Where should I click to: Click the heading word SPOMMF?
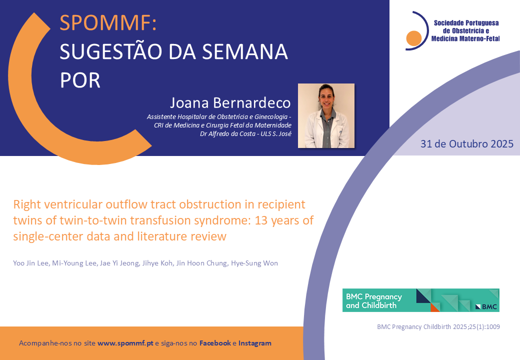(108, 23)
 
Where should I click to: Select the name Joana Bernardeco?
(230, 103)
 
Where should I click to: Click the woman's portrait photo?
(326, 115)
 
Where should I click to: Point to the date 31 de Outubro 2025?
(467, 144)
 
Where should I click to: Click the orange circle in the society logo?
(414, 38)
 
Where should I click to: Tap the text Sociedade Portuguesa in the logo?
(466, 23)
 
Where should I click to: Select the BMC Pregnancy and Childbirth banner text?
(374, 301)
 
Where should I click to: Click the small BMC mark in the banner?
(486, 306)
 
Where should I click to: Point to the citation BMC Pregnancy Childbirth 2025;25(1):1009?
(438, 327)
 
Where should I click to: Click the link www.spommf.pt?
(125, 343)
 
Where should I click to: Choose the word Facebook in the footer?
(215, 343)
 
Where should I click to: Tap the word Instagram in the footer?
(254, 343)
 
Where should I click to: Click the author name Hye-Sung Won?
(254, 263)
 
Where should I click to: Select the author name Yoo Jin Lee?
(31, 263)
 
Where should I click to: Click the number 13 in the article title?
(261, 220)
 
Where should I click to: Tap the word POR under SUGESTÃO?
(80, 80)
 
